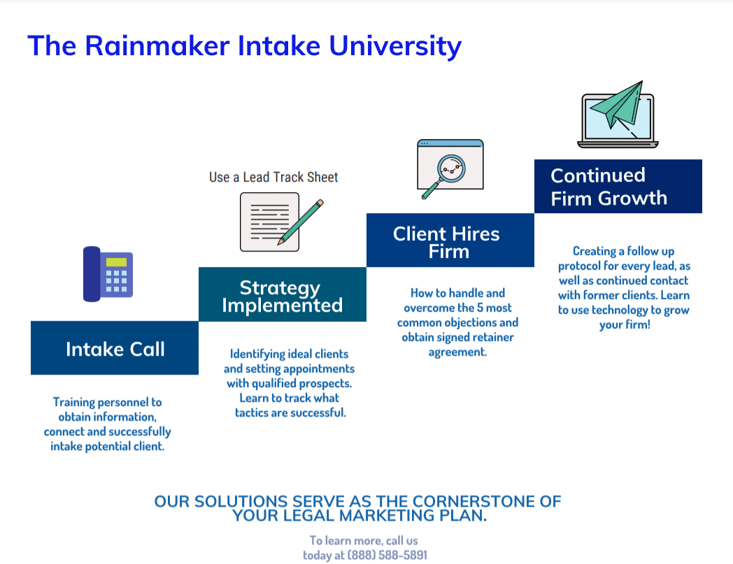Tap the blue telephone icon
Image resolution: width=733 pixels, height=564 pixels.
coord(108,274)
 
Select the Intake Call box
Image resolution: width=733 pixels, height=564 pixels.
coord(115,348)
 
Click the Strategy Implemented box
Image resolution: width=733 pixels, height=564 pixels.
coord(282,296)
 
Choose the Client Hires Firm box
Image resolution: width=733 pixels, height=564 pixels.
coord(450,241)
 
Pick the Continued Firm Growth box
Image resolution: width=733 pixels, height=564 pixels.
coord(618,187)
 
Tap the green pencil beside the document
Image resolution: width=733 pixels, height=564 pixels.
coord(301,222)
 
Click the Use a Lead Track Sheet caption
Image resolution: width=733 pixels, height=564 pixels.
coord(273,177)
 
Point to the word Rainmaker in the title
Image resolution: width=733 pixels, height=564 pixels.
coord(157,46)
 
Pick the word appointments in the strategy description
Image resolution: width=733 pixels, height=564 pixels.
coord(320,368)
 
